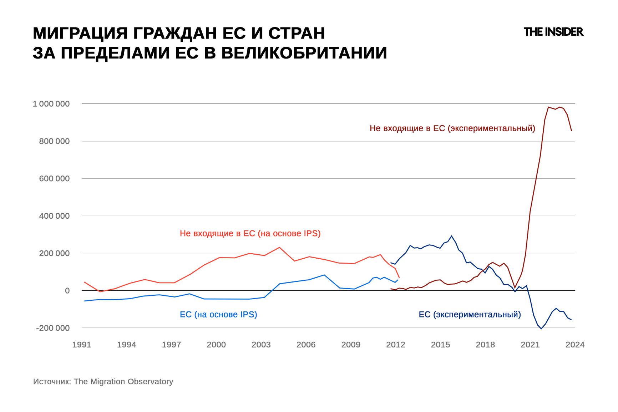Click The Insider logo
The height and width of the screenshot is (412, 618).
coord(553,32)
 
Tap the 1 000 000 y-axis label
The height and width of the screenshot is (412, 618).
coord(51,104)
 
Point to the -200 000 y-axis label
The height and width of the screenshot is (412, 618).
coord(53,328)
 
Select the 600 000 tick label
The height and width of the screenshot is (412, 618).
coord(54,178)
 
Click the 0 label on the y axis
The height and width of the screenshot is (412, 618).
coord(67,291)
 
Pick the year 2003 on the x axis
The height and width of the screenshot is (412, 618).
coord(261,345)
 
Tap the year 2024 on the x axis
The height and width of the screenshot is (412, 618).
coord(574,345)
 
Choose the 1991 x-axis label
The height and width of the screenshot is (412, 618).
coord(82,345)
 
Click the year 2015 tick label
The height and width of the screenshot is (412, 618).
coord(440,345)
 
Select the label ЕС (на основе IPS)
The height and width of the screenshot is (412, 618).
coord(218,314)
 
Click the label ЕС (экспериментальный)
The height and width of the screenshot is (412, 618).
coord(470,314)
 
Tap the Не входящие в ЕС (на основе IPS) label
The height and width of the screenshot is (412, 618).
coord(250,233)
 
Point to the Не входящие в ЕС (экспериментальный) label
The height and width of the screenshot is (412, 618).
coord(452,128)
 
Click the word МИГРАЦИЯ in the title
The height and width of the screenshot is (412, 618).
coord(80,33)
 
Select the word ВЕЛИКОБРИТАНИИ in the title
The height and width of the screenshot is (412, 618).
coord(304,53)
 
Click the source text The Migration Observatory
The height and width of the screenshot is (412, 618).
coord(123,381)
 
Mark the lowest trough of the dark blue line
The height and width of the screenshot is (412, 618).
coord(541,329)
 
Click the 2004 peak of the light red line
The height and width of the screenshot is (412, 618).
coord(279,247)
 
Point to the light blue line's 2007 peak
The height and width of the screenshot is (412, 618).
coord(324,275)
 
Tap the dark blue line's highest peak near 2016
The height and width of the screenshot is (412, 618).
coord(452,236)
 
